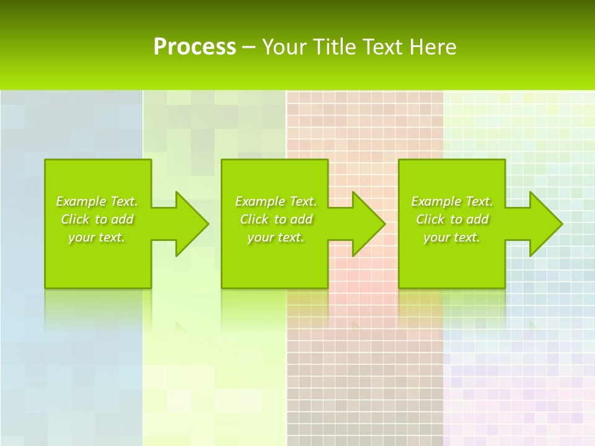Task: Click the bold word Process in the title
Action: (195, 46)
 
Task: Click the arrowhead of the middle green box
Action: (368, 224)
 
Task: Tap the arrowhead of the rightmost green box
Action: (545, 224)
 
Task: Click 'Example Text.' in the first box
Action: (97, 201)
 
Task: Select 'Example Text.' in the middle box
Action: (276, 201)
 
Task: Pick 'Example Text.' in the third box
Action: (452, 201)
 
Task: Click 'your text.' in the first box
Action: (97, 237)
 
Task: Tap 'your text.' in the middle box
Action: (276, 237)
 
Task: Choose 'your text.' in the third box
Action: (452, 237)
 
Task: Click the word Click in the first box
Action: (74, 219)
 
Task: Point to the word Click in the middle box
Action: (253, 219)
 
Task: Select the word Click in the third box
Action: (430, 219)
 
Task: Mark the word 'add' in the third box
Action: (478, 219)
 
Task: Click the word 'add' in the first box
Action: (123, 219)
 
